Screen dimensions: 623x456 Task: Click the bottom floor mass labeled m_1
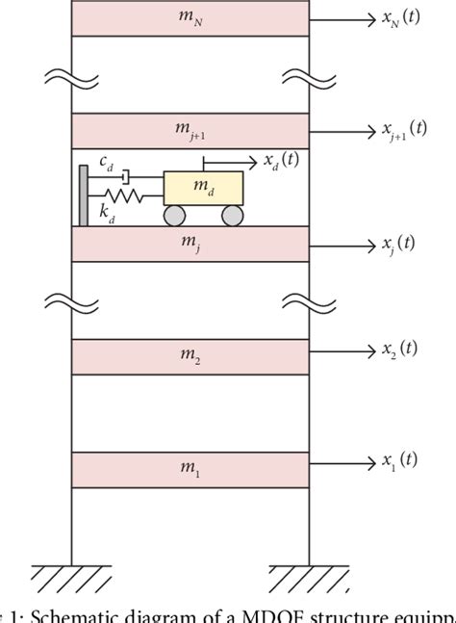[x=190, y=469]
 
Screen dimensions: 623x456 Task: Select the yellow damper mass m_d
[x=203, y=187]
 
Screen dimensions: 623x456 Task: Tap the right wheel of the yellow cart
[x=232, y=216]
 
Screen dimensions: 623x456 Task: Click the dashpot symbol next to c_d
[x=124, y=179]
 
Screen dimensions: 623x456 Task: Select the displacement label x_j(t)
[x=397, y=243]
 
